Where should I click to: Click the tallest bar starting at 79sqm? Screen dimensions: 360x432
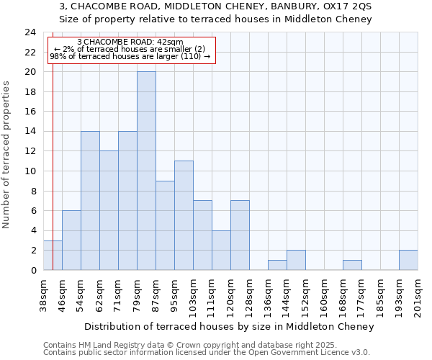(x=146, y=171)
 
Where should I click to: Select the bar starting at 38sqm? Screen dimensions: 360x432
(x=53, y=255)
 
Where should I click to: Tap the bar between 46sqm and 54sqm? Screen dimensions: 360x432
(x=71, y=240)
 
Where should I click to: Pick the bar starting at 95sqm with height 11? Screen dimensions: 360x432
(x=184, y=215)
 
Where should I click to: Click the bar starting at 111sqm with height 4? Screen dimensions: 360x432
(x=221, y=250)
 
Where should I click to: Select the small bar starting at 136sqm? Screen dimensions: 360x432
(x=277, y=265)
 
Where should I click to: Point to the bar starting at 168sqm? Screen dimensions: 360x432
(x=352, y=265)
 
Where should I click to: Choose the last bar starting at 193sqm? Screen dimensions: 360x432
(x=408, y=260)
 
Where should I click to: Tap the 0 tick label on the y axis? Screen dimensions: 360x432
(x=32, y=270)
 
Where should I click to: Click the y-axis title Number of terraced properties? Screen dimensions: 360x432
(x=6, y=154)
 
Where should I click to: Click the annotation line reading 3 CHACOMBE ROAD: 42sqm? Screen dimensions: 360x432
(x=130, y=42)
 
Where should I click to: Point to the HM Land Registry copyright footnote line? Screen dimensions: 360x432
(x=185, y=345)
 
